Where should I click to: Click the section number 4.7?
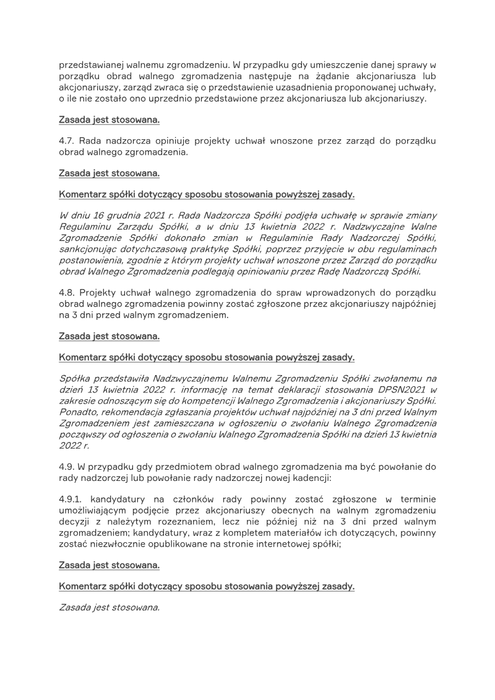click(x=66, y=141)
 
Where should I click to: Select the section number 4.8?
click(x=67, y=292)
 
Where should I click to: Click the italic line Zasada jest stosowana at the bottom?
click(x=109, y=608)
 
